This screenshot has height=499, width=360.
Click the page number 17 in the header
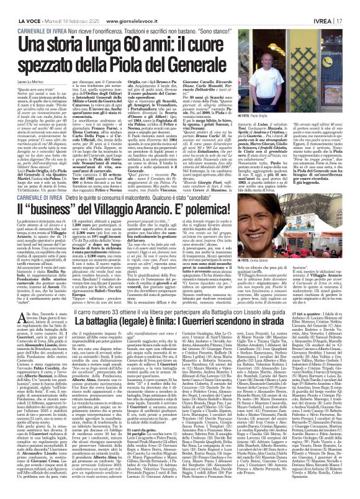pos(351,6)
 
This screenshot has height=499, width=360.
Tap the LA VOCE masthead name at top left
pos(20,6)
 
